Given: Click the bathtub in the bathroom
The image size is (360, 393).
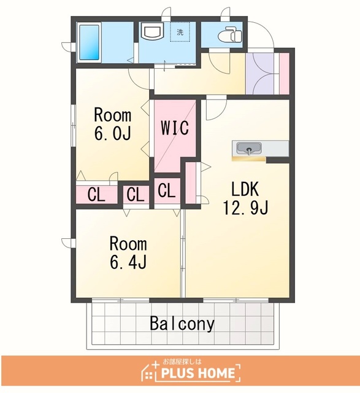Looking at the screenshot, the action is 90,42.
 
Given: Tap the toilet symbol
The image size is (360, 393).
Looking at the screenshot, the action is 230,35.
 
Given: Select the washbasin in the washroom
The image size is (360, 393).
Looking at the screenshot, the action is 151,31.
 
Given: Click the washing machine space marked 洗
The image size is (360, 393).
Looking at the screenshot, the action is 180,32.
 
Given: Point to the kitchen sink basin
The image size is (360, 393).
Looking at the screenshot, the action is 249,149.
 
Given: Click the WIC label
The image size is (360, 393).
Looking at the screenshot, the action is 175,128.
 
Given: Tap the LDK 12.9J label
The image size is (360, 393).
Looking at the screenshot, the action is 245,199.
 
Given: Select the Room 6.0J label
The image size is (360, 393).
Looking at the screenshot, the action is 113,124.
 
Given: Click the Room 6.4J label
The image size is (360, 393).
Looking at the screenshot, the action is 128,252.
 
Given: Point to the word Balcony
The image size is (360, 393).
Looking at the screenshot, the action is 182,324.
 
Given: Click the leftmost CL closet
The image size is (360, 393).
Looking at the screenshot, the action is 97,195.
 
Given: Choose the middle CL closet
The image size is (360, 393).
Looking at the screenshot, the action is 136,195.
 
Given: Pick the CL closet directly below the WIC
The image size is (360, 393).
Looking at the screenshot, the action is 167,190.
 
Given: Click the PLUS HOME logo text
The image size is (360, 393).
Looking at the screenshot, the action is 197,373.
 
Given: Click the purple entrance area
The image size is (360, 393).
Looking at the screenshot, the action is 259,74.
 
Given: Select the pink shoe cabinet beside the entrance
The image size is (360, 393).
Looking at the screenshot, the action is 284,74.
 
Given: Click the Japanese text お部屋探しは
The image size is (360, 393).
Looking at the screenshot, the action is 182,362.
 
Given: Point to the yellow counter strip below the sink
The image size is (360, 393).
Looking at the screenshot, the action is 248,159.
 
